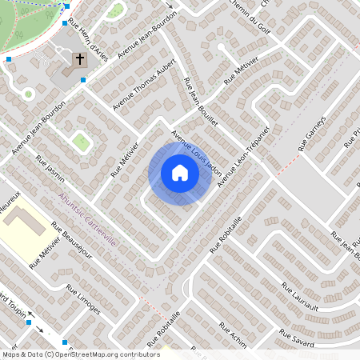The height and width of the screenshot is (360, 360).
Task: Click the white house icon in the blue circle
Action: [180, 173]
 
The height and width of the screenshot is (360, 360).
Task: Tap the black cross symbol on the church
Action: [80, 59]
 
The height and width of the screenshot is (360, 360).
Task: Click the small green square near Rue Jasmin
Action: [80, 142]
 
